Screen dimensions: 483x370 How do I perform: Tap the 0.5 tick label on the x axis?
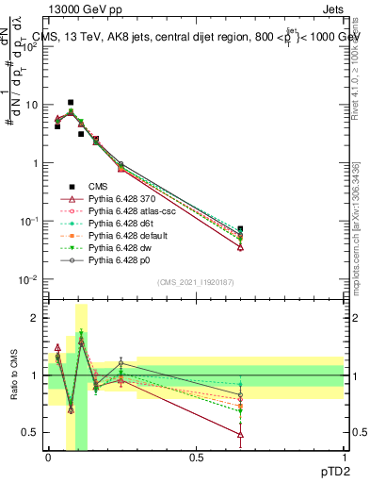point(196,457)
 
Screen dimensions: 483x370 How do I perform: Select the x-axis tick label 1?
point(344,457)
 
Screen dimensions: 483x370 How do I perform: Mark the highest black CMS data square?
point(71,102)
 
